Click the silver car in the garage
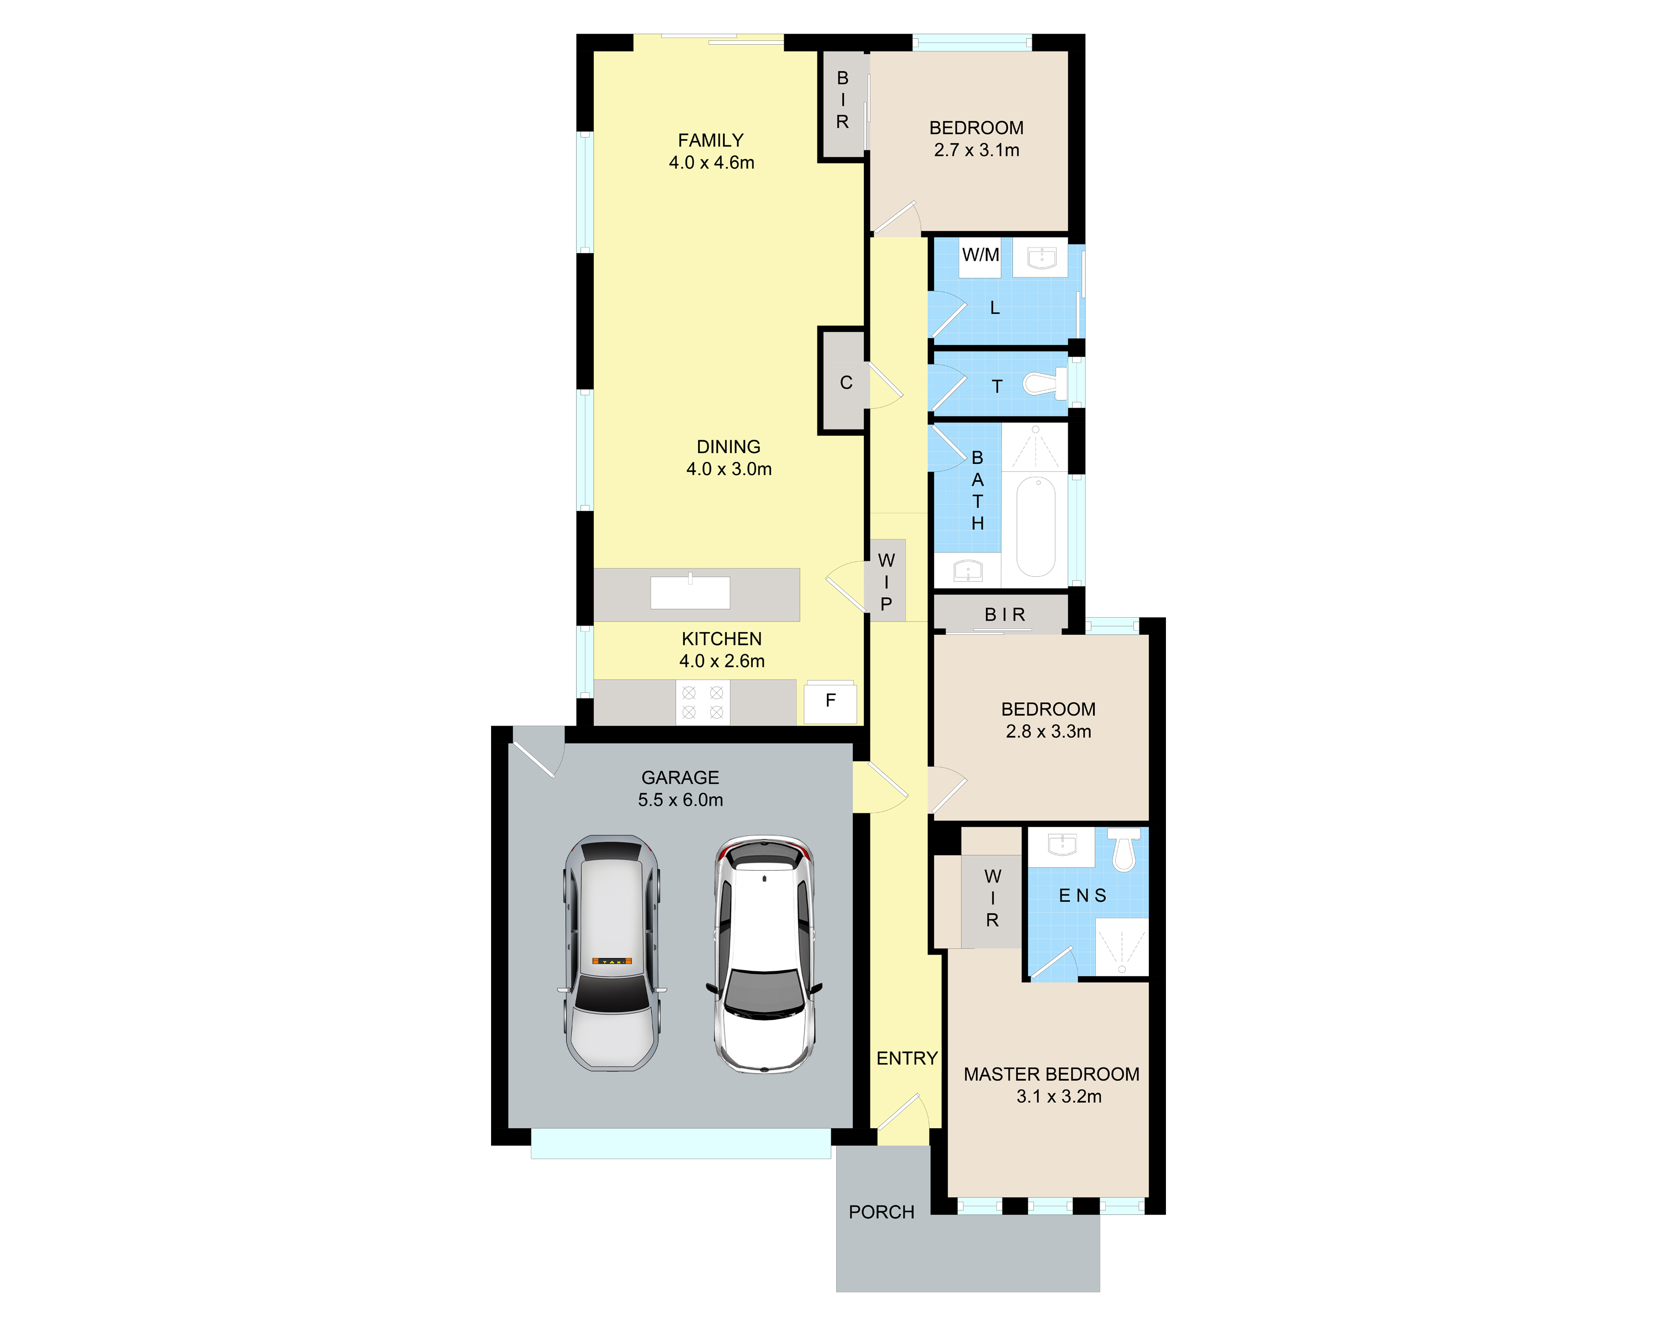point(613,953)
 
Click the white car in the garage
point(764,953)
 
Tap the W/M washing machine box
point(981,255)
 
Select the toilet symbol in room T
point(1044,383)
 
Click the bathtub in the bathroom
point(1036,526)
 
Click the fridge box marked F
point(830,701)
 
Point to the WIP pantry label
point(886,582)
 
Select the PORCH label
point(881,1212)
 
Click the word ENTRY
point(907,1059)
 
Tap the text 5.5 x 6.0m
point(680,800)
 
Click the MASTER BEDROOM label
point(1052,1075)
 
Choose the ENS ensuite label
point(1082,896)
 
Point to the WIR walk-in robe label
point(992,898)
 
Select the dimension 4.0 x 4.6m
point(711,163)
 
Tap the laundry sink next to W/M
point(1040,257)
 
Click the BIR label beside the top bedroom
point(842,100)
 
